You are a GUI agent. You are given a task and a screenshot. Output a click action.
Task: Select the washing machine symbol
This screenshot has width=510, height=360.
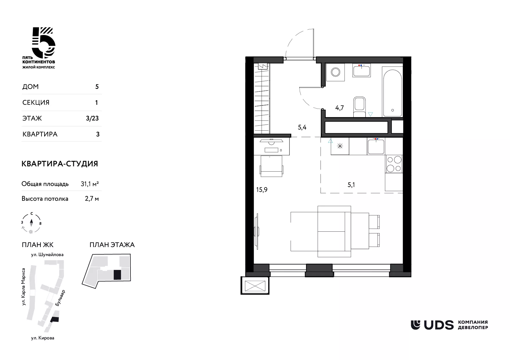(x=335, y=72)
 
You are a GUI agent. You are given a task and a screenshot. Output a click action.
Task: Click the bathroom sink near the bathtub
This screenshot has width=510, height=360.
(x=362, y=71)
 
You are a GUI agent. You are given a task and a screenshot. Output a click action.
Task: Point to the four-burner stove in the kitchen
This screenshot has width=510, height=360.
(x=394, y=164)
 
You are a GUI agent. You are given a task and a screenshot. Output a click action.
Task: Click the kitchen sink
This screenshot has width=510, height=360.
(x=376, y=146)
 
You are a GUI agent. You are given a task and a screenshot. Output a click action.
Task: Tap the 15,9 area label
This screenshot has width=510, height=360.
(x=262, y=190)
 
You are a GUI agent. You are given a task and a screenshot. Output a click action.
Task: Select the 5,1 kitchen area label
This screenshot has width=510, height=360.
(x=351, y=185)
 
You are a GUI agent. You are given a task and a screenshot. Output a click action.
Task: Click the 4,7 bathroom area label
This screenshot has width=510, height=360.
(x=339, y=108)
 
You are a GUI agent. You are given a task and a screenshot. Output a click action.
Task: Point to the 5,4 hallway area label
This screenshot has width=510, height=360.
(x=302, y=127)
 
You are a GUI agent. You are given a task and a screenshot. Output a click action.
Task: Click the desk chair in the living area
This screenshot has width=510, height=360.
(x=271, y=166)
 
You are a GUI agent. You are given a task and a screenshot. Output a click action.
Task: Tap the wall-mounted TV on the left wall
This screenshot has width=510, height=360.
(x=257, y=231)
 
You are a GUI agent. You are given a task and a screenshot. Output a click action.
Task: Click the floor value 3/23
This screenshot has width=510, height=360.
(x=92, y=118)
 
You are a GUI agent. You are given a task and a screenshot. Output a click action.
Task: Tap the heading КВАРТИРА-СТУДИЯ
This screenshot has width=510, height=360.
(x=60, y=164)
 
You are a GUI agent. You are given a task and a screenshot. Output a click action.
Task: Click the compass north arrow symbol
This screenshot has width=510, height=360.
(x=31, y=223)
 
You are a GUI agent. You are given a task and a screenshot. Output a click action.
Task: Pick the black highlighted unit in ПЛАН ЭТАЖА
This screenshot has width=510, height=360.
(x=117, y=275)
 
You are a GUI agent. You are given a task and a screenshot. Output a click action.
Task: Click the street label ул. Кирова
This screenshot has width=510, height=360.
(x=43, y=338)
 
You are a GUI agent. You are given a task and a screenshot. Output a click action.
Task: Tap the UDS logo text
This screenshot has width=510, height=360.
(x=439, y=325)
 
